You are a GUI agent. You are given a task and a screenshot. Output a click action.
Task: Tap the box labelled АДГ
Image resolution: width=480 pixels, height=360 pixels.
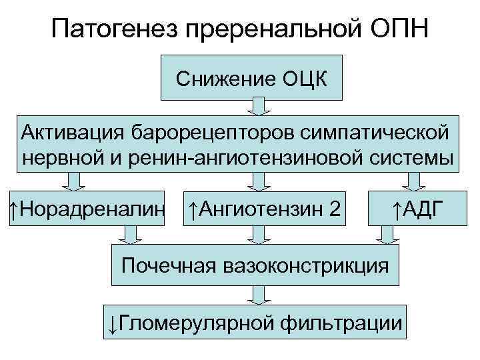[x=417, y=211]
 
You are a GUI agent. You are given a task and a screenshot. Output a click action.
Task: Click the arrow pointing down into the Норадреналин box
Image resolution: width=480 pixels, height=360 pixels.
[x=74, y=181]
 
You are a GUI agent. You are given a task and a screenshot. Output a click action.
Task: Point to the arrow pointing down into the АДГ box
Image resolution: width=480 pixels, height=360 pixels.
[x=416, y=181]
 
